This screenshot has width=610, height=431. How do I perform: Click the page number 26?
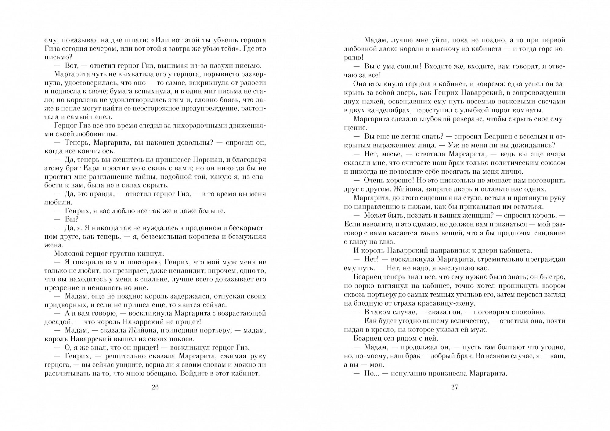click(155, 387)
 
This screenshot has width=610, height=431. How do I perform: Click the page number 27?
click(455, 387)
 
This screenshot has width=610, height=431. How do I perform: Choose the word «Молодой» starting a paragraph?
click(69, 254)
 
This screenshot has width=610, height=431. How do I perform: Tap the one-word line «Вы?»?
click(72, 219)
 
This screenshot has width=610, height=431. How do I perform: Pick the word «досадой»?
click(58, 322)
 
